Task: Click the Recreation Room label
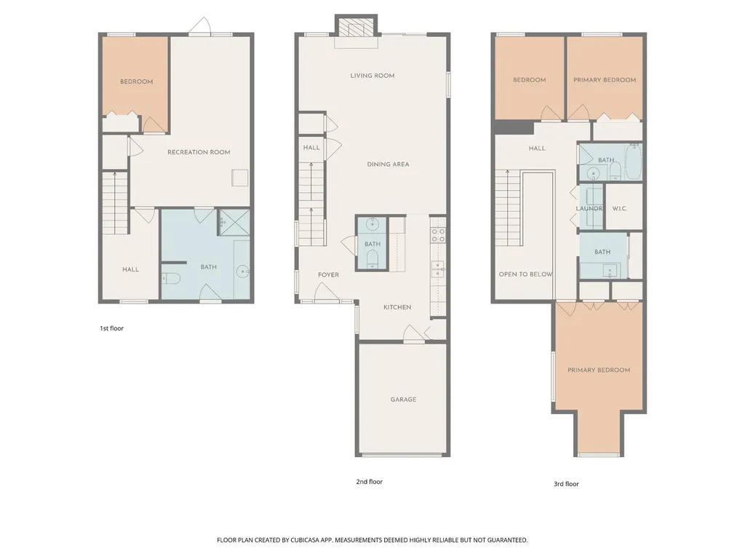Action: tap(199, 152)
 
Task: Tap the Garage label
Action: tap(403, 400)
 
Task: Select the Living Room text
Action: tap(372, 76)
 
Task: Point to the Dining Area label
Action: tap(388, 164)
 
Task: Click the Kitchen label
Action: tap(397, 307)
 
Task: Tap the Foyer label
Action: tap(328, 274)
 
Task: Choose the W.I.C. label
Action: tap(620, 209)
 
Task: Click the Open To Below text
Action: tap(525, 274)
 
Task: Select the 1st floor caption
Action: tap(111, 328)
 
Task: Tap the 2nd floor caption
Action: tap(369, 482)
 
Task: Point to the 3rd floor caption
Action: tap(566, 484)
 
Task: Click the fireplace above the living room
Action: tap(356, 29)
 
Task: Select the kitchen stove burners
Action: tap(438, 235)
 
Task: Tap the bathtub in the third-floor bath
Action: tap(634, 162)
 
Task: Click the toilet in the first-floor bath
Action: tap(171, 278)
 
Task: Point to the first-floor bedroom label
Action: tap(136, 82)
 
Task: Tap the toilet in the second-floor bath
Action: tap(372, 259)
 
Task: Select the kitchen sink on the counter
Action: tap(437, 269)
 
